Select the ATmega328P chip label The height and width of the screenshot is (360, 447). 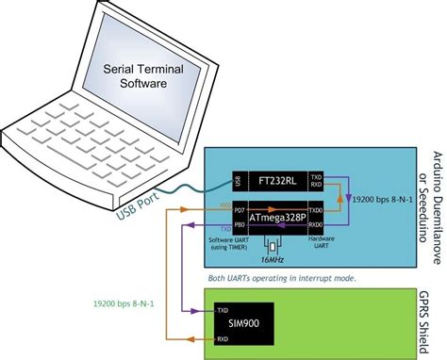pos(283,214)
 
